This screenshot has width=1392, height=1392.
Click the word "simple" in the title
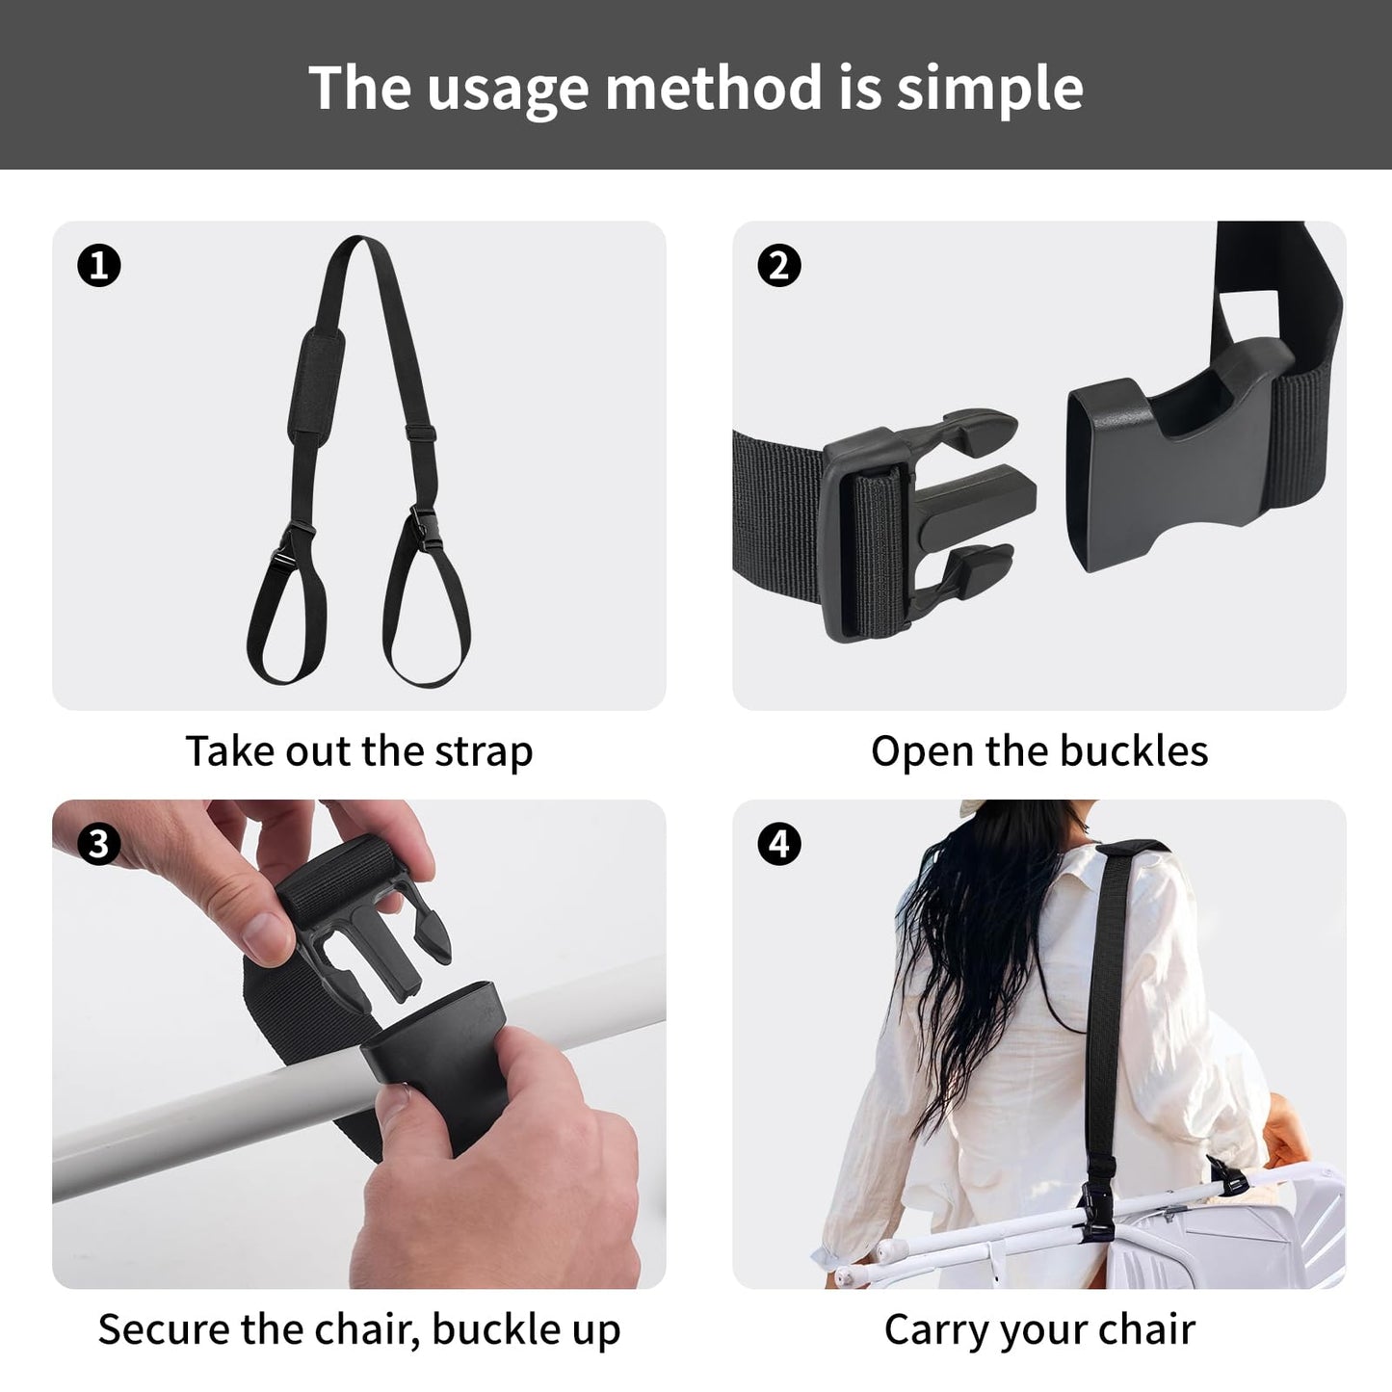(x=989, y=89)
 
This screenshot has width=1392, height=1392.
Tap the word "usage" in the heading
(x=507, y=89)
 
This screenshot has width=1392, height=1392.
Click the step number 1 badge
(x=99, y=265)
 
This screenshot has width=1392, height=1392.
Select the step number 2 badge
(x=779, y=265)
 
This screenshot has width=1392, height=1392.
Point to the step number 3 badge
(x=99, y=844)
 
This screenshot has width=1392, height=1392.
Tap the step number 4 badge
(x=779, y=844)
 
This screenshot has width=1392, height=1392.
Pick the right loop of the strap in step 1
(x=427, y=617)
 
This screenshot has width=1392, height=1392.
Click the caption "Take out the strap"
(x=358, y=751)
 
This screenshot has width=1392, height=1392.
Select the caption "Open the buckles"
(x=1038, y=751)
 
